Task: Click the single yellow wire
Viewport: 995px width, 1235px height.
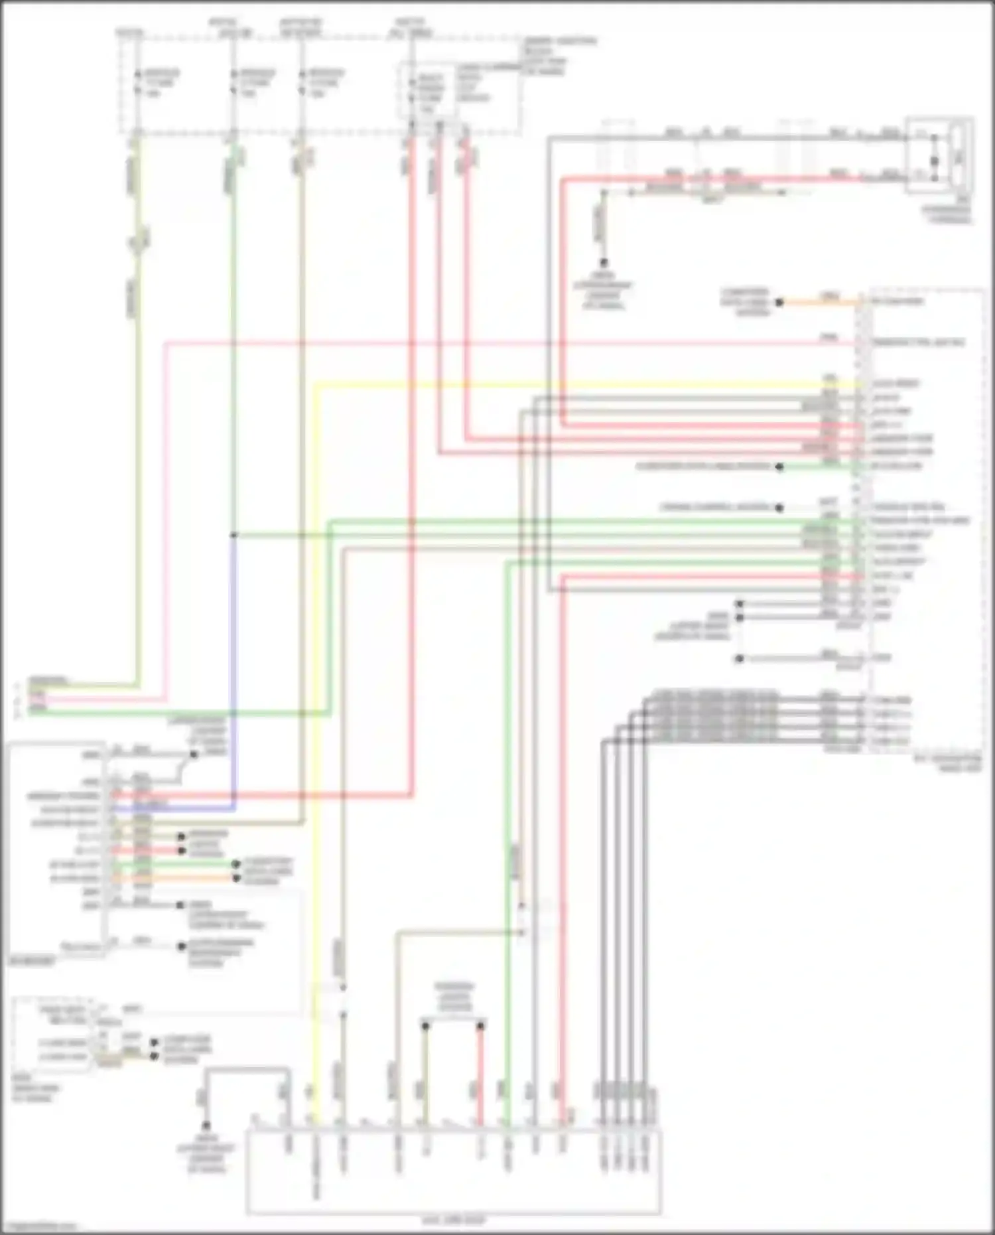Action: pos(316,730)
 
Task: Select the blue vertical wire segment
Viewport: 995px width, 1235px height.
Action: pos(233,664)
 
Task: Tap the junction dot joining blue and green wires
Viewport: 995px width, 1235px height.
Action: pos(233,535)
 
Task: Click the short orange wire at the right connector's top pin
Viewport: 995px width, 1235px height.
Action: pos(823,302)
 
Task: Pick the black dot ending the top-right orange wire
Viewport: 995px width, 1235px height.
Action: pos(780,303)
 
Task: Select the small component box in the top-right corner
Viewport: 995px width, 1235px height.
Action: pos(941,155)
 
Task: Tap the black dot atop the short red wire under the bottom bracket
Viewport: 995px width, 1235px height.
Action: pos(480,1026)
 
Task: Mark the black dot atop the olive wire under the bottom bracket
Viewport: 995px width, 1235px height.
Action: pos(425,1026)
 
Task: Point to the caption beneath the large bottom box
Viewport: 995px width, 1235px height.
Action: pos(454,1220)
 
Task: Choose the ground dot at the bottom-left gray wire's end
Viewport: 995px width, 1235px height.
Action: pos(206,1126)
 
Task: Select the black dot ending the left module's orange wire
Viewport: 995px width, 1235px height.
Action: pos(236,878)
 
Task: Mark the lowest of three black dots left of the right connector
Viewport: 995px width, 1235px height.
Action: pos(740,659)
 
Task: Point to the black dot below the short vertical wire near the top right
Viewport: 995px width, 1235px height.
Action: pos(604,263)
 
